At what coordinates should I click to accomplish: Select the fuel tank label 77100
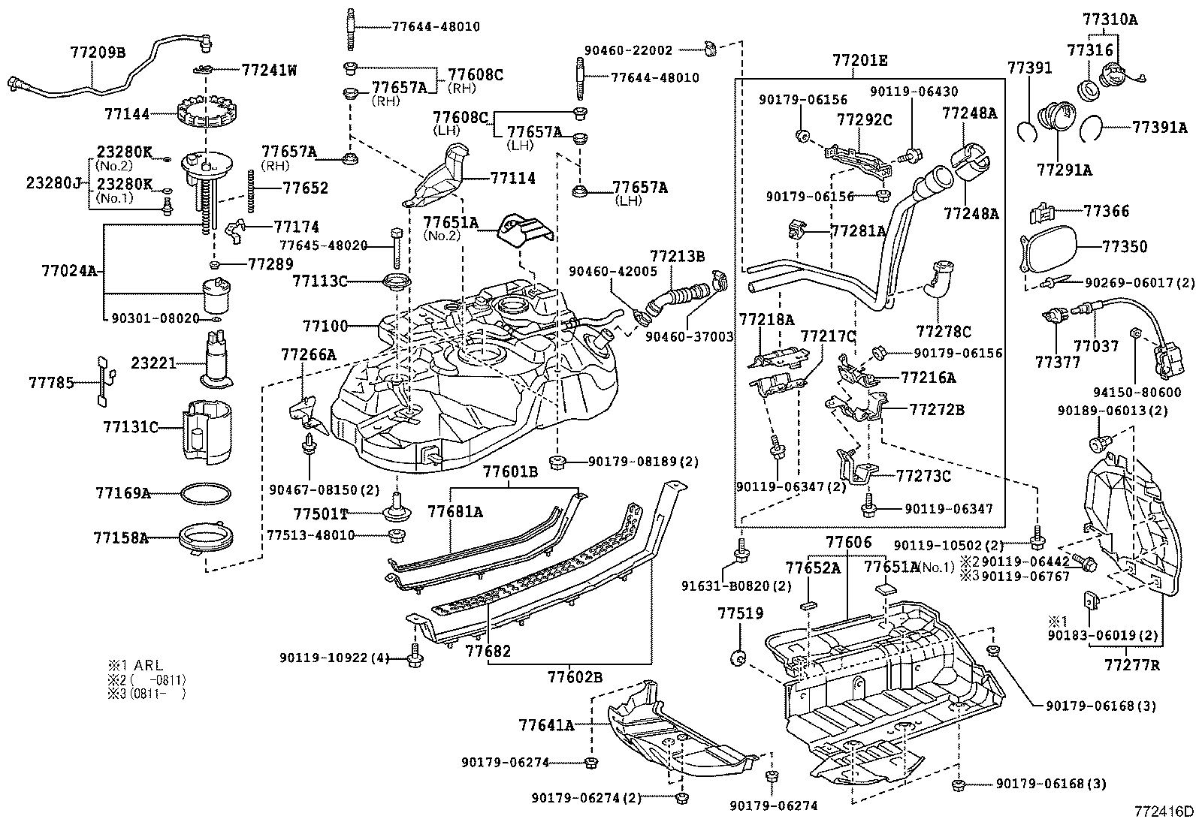pos(325,326)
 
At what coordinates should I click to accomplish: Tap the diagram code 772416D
pos(1164,811)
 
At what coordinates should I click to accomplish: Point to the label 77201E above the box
pos(859,60)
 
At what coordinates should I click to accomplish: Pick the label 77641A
pos(546,724)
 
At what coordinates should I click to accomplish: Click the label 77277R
pos(1131,664)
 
